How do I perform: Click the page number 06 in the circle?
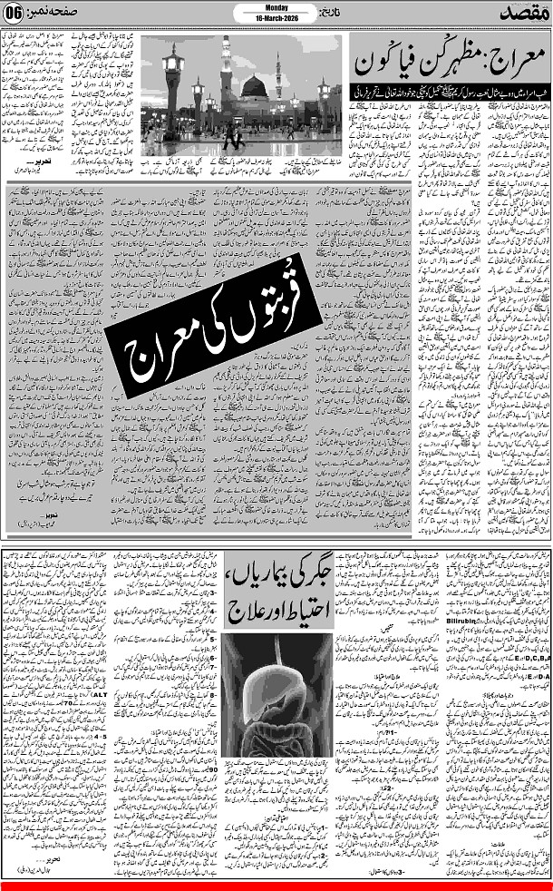15,15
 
